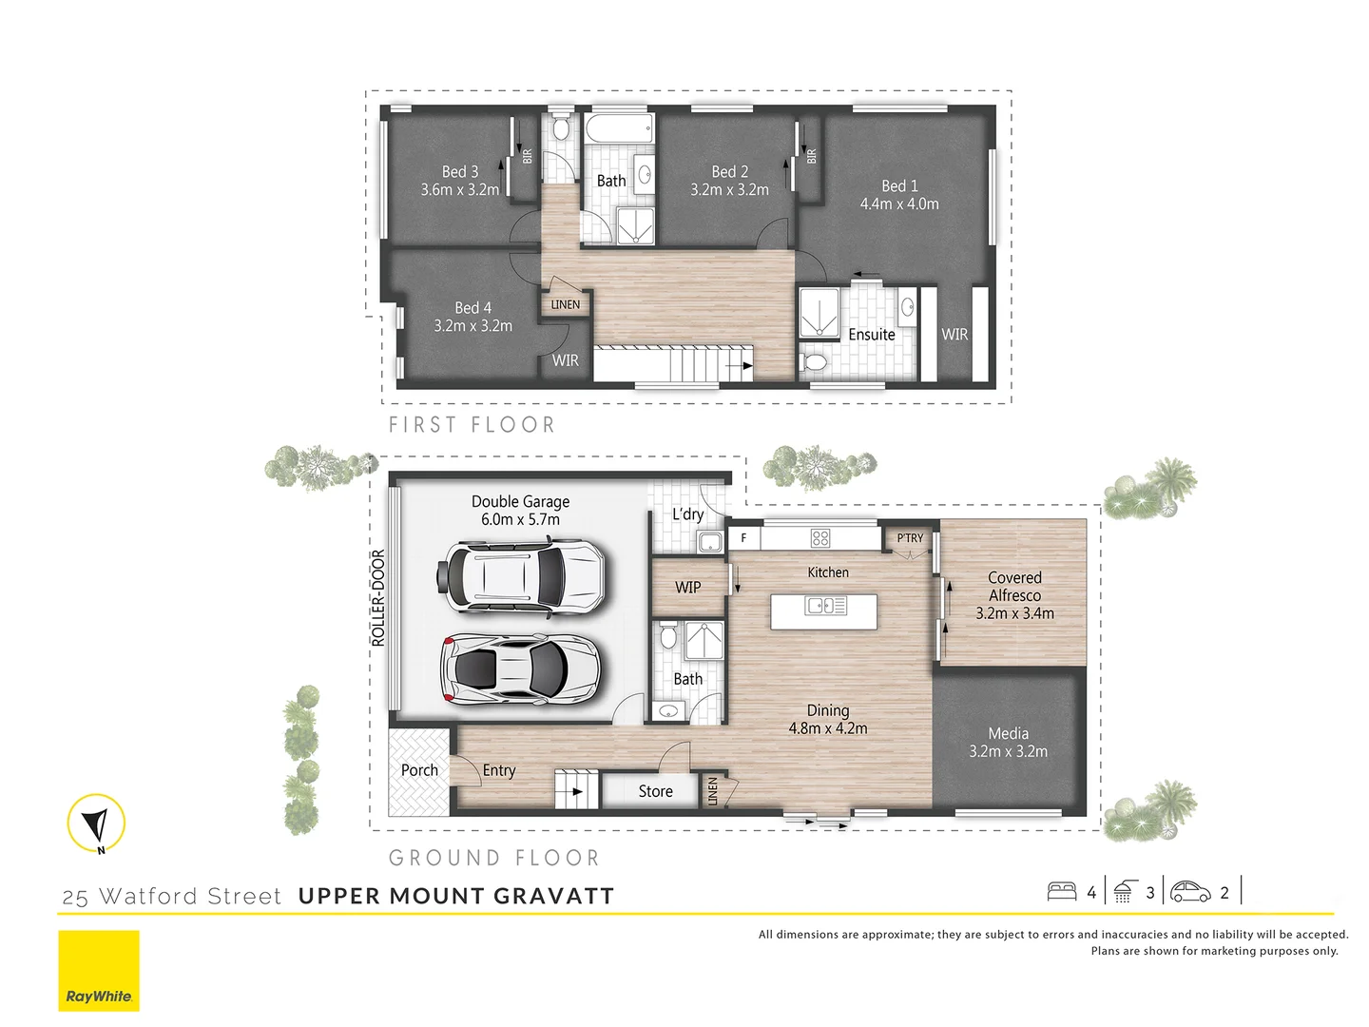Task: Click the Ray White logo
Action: [x=99, y=971]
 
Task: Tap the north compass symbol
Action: [x=97, y=823]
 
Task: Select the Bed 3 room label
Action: [x=460, y=172]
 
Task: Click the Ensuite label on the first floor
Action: [x=872, y=335]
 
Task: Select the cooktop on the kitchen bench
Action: [x=820, y=538]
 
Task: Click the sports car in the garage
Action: [x=521, y=669]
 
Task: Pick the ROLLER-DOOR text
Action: [x=378, y=598]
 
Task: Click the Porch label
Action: [x=419, y=770]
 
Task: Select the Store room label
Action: [x=655, y=791]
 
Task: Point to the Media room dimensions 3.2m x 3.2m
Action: [x=1009, y=751]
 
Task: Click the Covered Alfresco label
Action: [x=1014, y=587]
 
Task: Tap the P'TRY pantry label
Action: [x=910, y=538]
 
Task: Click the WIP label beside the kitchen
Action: [x=687, y=588]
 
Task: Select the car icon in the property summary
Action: [x=1190, y=892]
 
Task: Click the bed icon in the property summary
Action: [x=1062, y=892]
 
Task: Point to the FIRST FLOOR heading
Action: [x=472, y=425]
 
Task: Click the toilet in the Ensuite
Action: [x=815, y=362]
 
